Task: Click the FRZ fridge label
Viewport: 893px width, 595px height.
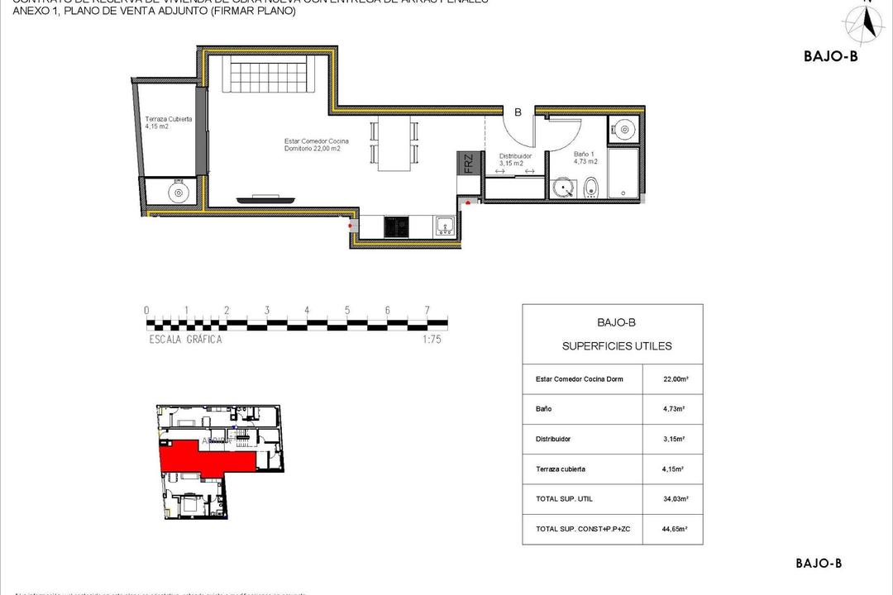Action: click(x=467, y=163)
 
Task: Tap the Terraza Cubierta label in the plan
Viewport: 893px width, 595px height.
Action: click(x=169, y=122)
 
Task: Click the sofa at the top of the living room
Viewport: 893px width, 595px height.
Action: click(x=270, y=75)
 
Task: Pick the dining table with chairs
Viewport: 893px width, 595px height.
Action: click(x=394, y=145)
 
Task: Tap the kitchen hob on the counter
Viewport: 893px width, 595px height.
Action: click(x=397, y=225)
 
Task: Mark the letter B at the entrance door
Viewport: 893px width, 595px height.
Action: click(x=518, y=112)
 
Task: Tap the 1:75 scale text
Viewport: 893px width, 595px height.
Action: click(x=430, y=339)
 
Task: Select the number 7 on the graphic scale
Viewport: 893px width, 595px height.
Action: click(x=427, y=311)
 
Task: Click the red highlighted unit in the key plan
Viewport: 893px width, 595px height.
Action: click(x=198, y=458)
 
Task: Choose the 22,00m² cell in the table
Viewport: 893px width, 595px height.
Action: click(x=676, y=379)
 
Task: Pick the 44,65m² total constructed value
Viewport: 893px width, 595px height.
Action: click(x=676, y=529)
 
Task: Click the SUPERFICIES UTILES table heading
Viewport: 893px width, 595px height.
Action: click(x=617, y=346)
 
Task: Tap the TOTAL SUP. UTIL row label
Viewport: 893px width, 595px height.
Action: click(x=564, y=499)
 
